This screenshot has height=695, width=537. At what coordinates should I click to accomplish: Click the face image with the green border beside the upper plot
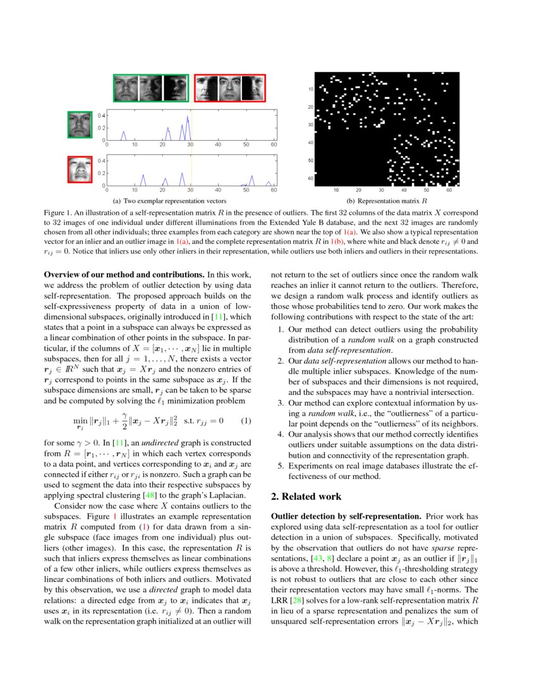(80, 124)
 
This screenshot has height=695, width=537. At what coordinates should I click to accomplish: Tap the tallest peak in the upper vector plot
(188, 118)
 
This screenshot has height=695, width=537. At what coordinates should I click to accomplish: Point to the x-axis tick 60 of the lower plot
(274, 190)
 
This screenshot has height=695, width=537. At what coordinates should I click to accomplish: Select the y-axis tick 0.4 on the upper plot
(101, 115)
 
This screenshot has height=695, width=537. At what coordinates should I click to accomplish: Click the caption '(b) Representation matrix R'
(383, 201)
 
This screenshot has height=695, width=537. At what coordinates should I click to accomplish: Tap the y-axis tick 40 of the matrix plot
(311, 143)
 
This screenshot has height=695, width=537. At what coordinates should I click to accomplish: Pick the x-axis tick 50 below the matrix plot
(426, 190)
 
